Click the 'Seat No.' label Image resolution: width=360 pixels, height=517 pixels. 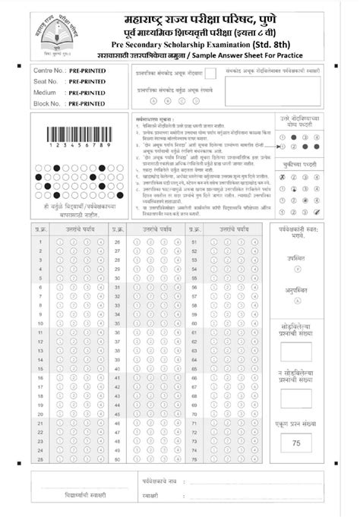pos(47,80)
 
